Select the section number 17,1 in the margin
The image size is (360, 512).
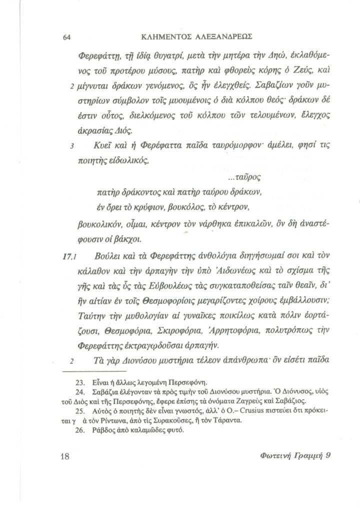[67, 257]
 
